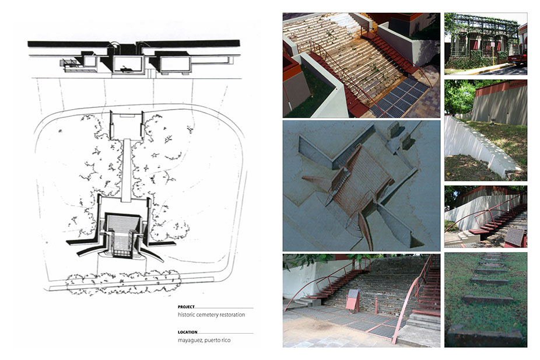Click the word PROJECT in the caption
[x=186, y=306]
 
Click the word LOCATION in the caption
[x=187, y=332]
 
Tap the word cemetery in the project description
[x=209, y=315]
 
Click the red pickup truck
[x=518, y=58]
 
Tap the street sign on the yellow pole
[x=493, y=44]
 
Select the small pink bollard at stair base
[x=376, y=306]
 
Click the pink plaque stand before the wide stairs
[x=353, y=300]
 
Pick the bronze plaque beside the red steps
[x=515, y=236]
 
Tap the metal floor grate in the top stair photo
[x=399, y=98]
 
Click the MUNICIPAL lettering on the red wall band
[x=518, y=83]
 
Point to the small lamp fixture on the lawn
[x=493, y=121]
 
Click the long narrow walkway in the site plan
[x=127, y=170]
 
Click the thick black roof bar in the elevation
[x=134, y=44]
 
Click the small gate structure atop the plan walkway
[x=127, y=124]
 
